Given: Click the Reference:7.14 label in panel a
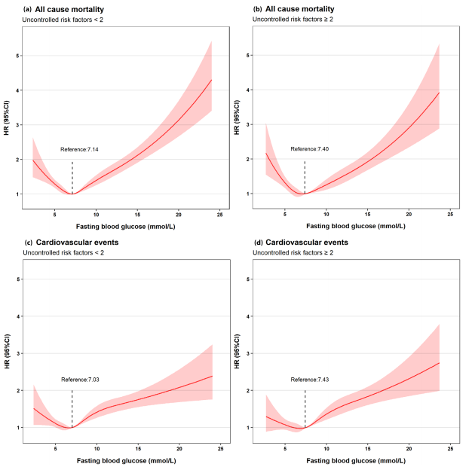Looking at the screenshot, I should click(79, 150).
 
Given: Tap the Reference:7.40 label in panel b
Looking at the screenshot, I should click(311, 150).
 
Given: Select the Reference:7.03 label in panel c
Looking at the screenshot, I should click(79, 380).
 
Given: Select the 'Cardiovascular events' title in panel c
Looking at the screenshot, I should click(64, 243).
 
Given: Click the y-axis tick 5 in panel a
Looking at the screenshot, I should click(20, 56).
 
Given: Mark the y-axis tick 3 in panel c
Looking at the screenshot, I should click(20, 353).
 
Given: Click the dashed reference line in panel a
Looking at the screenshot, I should click(72, 177).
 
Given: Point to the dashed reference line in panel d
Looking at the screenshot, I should click(305, 407).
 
